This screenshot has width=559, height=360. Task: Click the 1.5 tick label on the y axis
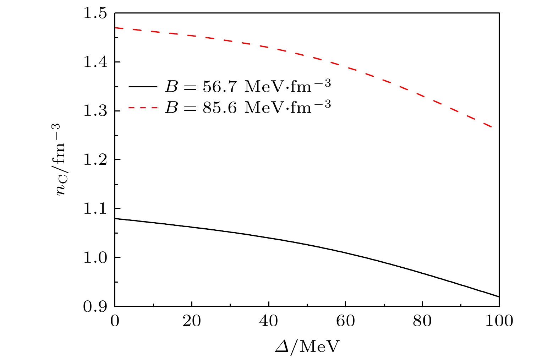coord(95,13)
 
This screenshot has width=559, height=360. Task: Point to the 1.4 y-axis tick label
coord(95,62)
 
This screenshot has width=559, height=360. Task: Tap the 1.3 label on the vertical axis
coord(95,111)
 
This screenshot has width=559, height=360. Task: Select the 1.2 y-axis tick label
coord(95,160)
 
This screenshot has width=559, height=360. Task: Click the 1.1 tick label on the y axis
coord(95,209)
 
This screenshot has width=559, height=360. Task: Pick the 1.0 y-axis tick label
coord(95,257)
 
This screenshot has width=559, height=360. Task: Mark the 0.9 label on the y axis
coord(95,306)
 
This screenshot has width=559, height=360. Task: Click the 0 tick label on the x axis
coord(115,321)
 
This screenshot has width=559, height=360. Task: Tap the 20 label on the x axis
coord(192,321)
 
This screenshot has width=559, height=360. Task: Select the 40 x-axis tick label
coord(269,321)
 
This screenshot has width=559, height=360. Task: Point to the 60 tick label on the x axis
coord(345,321)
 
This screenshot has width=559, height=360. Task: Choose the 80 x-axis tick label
coord(422,321)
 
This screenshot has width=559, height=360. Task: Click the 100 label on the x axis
coord(499,321)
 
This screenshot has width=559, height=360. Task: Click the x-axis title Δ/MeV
coord(307,347)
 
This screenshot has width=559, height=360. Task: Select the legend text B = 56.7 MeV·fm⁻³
coord(248,86)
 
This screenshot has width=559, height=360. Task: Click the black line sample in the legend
coord(143,87)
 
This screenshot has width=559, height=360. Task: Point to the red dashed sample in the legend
coord(143,108)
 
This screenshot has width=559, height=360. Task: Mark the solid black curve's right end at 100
coord(499,296)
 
